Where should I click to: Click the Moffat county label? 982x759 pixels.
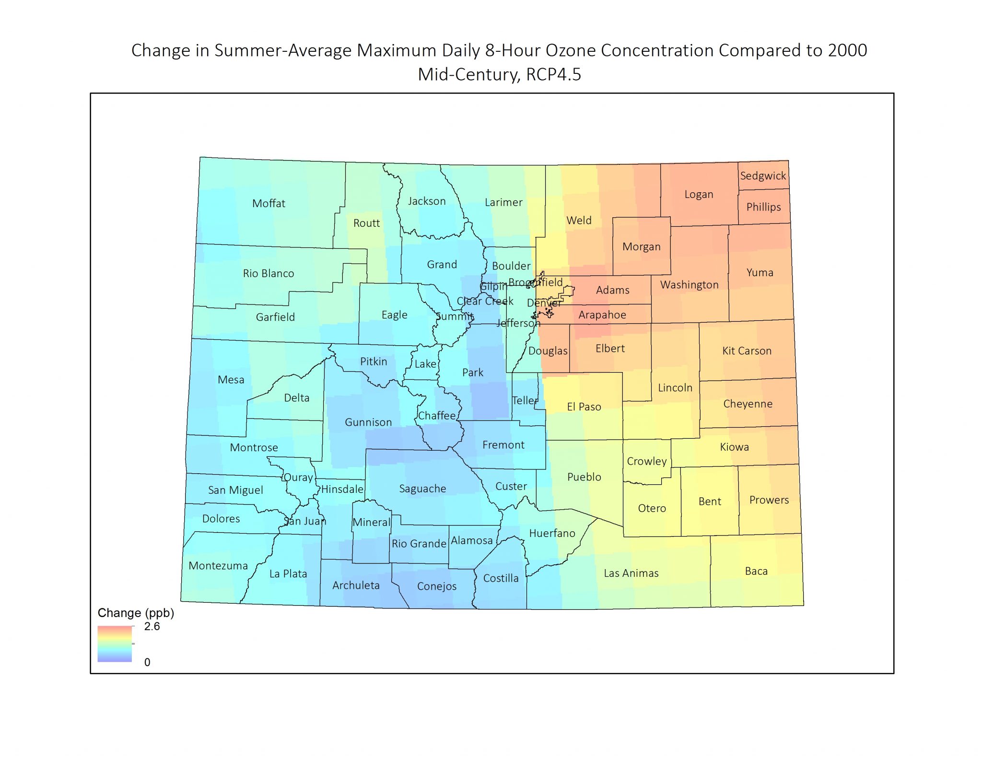click(269, 203)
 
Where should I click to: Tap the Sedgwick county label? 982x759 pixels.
click(763, 176)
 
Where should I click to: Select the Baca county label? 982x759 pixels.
click(756, 571)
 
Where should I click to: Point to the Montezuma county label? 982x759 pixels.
click(218, 566)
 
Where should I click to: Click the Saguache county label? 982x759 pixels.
click(422, 489)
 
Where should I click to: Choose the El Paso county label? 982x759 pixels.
click(584, 407)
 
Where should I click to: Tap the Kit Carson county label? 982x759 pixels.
click(747, 351)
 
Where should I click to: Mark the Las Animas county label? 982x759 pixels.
click(631, 573)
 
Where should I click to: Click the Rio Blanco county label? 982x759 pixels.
click(269, 273)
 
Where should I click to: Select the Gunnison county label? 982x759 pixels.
click(368, 422)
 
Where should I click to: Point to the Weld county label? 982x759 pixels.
click(579, 221)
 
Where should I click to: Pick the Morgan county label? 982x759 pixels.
click(641, 247)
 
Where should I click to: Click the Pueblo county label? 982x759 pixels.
click(584, 477)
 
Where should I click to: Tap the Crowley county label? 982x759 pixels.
click(647, 461)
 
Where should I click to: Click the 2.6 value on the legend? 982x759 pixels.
click(152, 627)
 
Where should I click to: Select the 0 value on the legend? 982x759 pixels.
click(147, 662)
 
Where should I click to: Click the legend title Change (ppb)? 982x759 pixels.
click(136, 613)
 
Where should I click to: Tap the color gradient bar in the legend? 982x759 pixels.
click(115, 644)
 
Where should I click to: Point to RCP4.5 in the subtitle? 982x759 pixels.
click(553, 75)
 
